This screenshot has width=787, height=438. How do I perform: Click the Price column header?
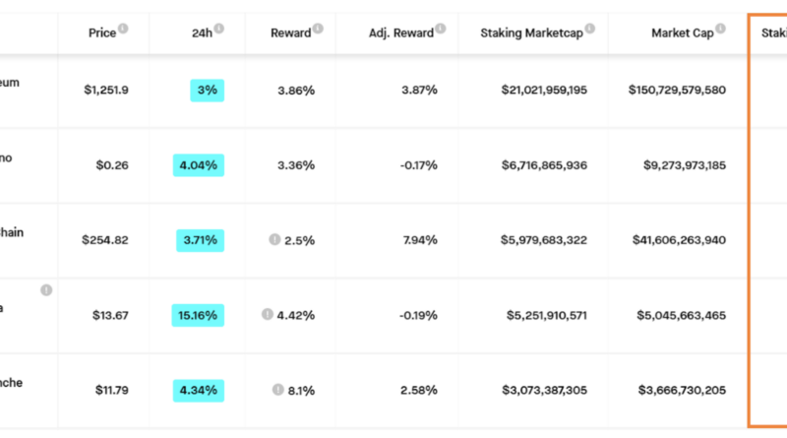coord(101,33)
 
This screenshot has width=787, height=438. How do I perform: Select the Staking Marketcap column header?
coord(530,33)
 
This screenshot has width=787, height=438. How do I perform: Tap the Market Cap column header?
coord(682,33)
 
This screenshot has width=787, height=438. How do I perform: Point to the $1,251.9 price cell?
coord(106,91)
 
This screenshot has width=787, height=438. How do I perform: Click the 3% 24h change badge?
coord(208,91)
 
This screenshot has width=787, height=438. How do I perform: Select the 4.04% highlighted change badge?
coord(198,165)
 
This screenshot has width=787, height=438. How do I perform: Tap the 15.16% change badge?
coord(198,316)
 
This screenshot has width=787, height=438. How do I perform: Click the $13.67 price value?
coord(108,316)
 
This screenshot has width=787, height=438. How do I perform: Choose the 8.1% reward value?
coord(301,391)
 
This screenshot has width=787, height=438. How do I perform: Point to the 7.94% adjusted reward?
coord(419,240)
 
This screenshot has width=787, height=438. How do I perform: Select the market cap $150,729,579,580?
coord(677,91)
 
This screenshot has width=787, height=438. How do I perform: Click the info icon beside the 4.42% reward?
coord(267,315)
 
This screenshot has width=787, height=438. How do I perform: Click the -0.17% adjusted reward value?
coord(418,165)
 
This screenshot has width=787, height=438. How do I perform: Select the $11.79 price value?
coord(108,391)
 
